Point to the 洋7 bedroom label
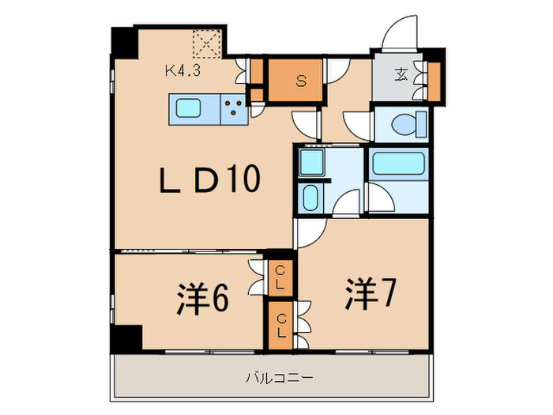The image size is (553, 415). click(x=369, y=294)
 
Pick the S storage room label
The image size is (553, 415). click(x=300, y=80)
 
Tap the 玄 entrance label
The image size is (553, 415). click(x=401, y=76)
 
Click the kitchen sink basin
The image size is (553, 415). click(x=189, y=109)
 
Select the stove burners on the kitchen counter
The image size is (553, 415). click(x=233, y=109)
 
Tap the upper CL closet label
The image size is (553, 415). click(x=280, y=277)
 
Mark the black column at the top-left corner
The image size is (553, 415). click(x=123, y=40)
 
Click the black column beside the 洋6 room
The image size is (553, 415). click(x=126, y=338)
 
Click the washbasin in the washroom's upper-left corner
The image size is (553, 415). click(x=310, y=163)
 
